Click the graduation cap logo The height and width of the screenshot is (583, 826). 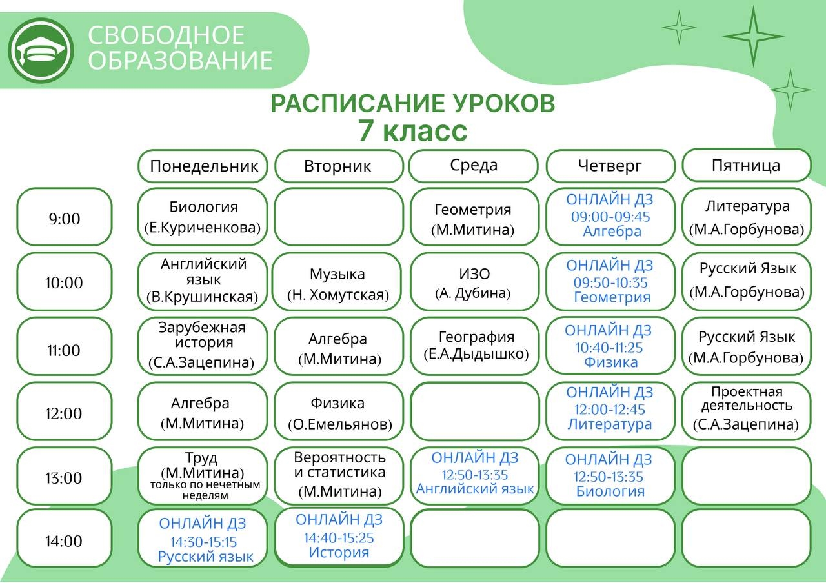(x=41, y=50)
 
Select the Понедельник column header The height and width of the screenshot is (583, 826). (x=203, y=166)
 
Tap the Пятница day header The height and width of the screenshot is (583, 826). (x=747, y=165)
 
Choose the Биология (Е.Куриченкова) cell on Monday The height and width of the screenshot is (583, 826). (x=203, y=217)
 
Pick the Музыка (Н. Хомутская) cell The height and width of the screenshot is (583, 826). (x=337, y=282)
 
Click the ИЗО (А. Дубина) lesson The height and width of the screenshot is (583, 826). (x=474, y=282)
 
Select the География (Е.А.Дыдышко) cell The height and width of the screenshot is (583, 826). (x=474, y=346)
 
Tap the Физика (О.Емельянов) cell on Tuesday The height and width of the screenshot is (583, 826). (x=339, y=411)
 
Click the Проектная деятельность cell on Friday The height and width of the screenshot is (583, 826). (x=747, y=411)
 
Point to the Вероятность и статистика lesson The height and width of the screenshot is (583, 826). (x=339, y=476)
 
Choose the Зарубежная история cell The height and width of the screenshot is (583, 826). (x=203, y=346)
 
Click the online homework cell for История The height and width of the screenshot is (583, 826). (x=339, y=537)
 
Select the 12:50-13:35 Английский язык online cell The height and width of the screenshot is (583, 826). (x=474, y=476)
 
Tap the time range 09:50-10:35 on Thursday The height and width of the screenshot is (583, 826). (x=610, y=282)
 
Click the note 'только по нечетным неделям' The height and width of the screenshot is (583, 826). (x=205, y=489)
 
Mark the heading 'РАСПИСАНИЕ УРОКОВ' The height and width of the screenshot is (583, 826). (x=413, y=103)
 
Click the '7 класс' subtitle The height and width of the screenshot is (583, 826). (x=413, y=131)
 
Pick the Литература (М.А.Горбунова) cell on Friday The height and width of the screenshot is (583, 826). (x=747, y=217)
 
